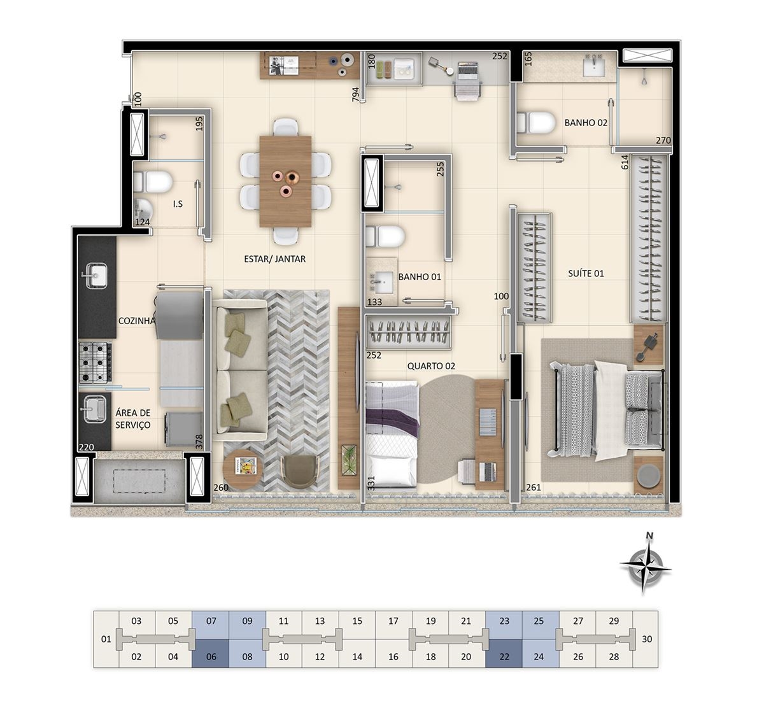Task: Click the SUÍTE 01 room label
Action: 586,274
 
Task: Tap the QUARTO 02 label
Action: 431,366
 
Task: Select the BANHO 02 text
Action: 586,123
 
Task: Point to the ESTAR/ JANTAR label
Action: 274,259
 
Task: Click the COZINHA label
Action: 137,321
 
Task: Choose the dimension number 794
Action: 355,95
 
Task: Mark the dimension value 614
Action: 625,162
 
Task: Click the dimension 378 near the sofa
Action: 199,442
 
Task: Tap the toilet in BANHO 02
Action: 536,123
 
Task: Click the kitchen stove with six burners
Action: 95,363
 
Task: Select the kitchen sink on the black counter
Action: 94,276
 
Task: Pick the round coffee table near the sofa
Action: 243,469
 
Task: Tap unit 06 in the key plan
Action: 211,657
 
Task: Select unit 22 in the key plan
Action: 504,657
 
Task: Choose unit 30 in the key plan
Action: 647,639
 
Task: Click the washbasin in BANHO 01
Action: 381,283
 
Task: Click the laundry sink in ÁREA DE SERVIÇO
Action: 92,409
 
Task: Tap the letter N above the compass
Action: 649,535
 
